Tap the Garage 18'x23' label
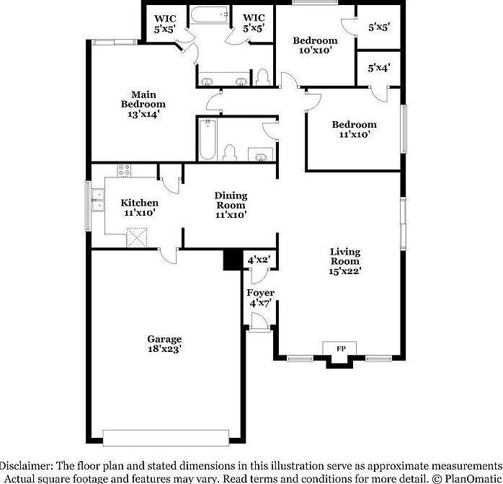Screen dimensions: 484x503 164,343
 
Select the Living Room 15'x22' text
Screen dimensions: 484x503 344,261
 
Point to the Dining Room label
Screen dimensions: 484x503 231,205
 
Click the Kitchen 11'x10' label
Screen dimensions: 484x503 139,208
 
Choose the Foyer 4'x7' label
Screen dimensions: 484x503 260,298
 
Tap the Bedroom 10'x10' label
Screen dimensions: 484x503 314,45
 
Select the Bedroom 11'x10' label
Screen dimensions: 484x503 354,129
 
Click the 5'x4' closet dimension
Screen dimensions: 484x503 379,68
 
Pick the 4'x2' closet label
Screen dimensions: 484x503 258,260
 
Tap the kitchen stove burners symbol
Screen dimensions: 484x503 124,171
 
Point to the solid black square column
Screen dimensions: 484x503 232,260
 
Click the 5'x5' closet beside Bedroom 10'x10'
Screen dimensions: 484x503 379,28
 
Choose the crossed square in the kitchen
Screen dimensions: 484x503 136,237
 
